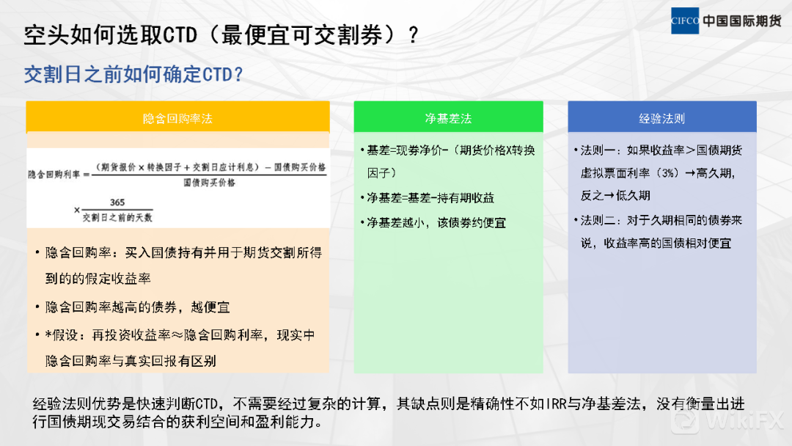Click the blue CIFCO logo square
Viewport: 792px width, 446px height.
(x=685, y=21)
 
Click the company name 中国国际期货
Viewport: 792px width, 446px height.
(x=742, y=21)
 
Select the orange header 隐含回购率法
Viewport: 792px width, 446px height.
(x=177, y=119)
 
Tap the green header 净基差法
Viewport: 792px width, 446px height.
(x=449, y=119)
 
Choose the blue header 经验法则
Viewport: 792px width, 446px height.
(x=662, y=119)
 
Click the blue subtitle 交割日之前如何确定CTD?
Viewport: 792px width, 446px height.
(x=134, y=75)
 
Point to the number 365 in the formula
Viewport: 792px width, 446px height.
(x=117, y=202)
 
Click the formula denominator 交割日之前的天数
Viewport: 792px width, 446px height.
(x=117, y=218)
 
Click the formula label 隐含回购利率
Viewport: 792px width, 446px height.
(x=54, y=175)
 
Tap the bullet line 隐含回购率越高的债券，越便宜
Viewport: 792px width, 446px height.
(x=137, y=307)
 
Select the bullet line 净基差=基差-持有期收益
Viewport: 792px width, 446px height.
(x=430, y=198)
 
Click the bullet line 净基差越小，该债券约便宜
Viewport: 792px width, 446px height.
(x=436, y=223)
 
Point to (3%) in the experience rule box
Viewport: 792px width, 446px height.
(x=669, y=173)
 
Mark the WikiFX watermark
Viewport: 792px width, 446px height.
(x=727, y=420)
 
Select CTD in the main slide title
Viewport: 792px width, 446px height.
(x=180, y=35)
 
